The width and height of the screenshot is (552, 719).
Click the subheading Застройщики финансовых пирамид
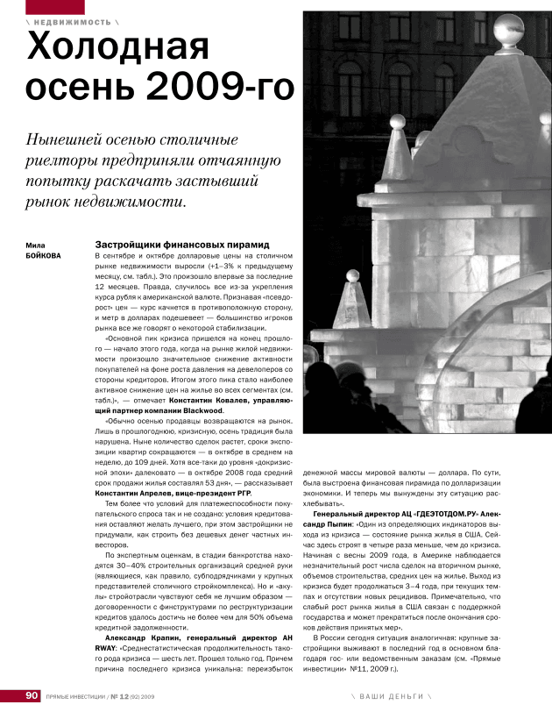[x=180, y=245]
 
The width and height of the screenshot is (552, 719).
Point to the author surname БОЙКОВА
[x=44, y=256]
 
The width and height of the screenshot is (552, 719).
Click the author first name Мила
[x=36, y=245]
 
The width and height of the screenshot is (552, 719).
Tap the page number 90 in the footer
[x=32, y=695]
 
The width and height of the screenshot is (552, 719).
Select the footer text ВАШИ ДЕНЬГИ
[x=391, y=695]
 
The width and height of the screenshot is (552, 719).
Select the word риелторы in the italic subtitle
[x=67, y=161]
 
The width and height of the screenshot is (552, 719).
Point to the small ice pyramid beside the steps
[x=350, y=303]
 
